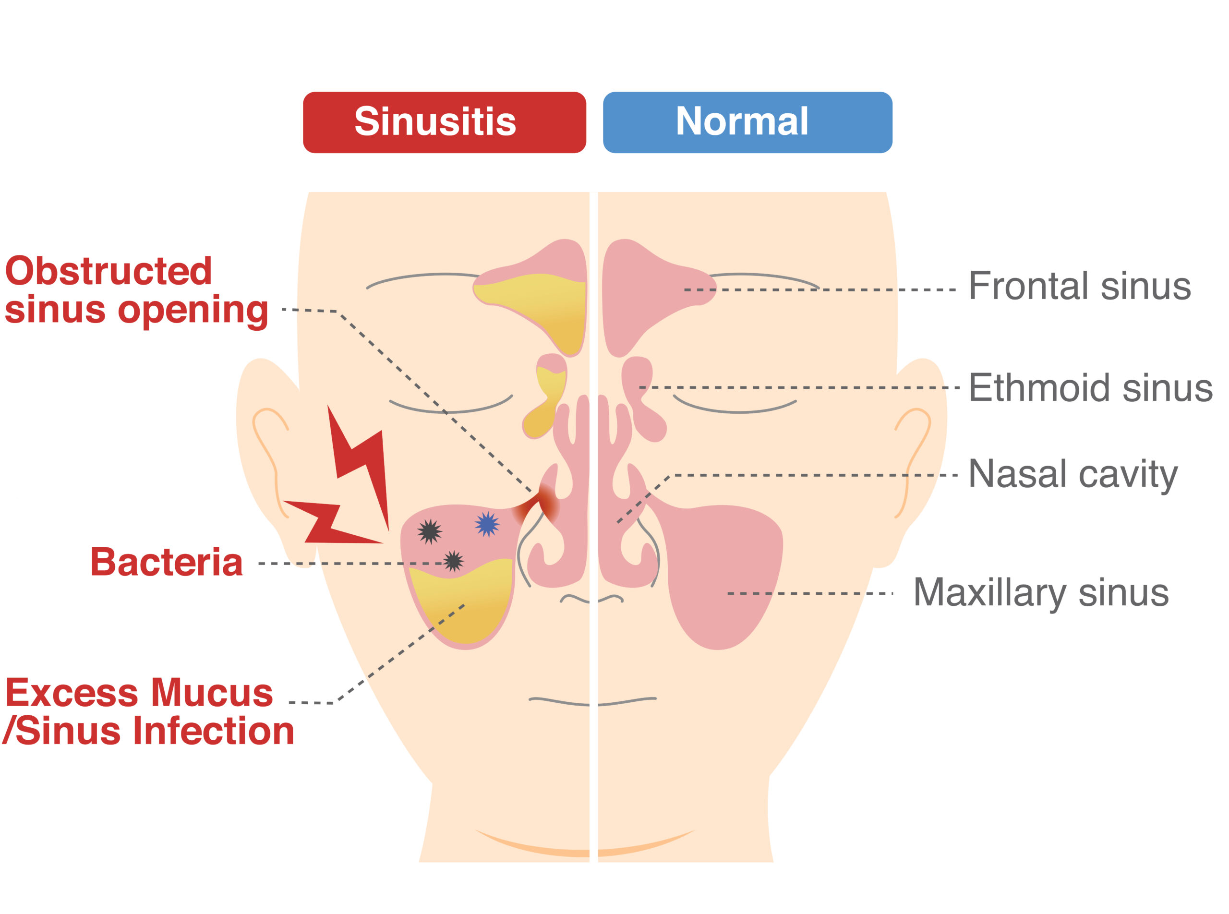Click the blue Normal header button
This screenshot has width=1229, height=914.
747,122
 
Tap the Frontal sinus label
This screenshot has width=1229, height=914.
1079,286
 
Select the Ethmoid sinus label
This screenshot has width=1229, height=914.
1090,388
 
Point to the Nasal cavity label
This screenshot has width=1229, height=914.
1072,475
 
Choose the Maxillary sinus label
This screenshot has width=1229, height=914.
1040,592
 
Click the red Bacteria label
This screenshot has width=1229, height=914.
167,563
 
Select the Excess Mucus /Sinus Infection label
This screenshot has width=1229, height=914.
148,711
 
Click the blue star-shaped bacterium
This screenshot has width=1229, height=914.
487,524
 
